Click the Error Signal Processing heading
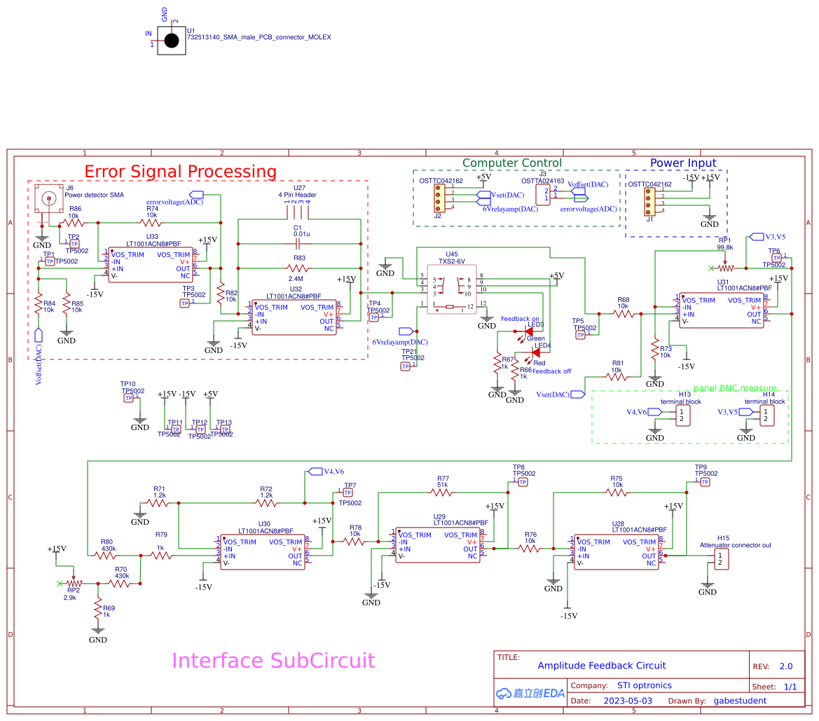[180, 171]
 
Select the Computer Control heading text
[511, 163]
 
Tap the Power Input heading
[683, 163]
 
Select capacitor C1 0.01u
[297, 244]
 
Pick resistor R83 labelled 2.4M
[299, 268]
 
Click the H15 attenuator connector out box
[720, 558]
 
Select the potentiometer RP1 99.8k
[724, 268]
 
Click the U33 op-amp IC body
[149, 265]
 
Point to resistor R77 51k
[442, 492]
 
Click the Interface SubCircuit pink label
[273, 661]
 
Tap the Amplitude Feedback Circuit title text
[601, 666]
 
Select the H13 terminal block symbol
[683, 416]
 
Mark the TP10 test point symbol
[128, 398]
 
